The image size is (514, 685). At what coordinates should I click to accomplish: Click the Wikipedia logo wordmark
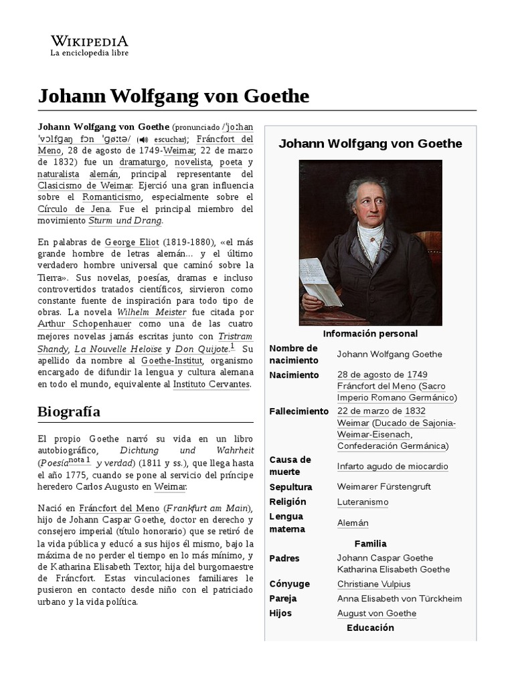pos(90,40)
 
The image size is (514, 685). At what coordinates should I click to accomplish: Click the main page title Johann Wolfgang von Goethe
pos(173,96)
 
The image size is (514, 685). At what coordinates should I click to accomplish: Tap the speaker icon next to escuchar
pos(141,140)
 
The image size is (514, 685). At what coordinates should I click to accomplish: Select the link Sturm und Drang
pos(125,220)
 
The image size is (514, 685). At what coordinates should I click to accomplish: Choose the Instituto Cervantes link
pos(211,384)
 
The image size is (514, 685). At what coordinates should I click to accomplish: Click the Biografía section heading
pos(69,411)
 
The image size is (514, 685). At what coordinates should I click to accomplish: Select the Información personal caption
pos(370,333)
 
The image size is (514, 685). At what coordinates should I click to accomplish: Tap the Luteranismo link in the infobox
pos(363,502)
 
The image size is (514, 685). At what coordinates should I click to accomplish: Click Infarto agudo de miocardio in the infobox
pos(392,466)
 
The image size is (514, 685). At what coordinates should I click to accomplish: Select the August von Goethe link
pos(377,613)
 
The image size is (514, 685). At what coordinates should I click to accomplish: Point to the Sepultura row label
pos(290,487)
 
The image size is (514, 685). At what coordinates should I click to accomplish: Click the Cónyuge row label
pos(288,584)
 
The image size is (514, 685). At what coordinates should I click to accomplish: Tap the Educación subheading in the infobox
pos(370,627)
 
